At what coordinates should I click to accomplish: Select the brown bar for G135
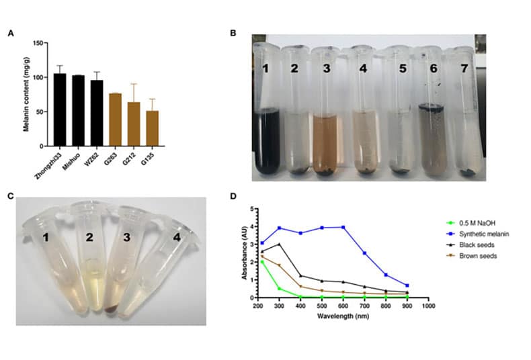(x=153, y=128)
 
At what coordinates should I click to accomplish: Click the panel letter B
(x=233, y=32)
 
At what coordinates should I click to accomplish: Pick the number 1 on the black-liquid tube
(x=268, y=69)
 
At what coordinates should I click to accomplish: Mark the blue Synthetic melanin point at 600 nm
(x=344, y=227)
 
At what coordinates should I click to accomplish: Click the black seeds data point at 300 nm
(x=279, y=244)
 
